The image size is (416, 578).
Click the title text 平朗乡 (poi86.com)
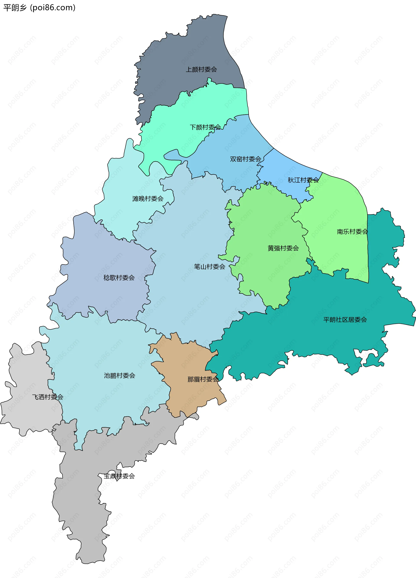pyautogui.click(x=39, y=8)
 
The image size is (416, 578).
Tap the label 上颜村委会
pyautogui.click(x=201, y=69)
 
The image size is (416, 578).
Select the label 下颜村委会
pyautogui.click(x=205, y=127)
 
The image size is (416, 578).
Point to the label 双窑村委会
pyautogui.click(x=245, y=159)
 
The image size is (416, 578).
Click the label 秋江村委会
pyautogui.click(x=303, y=180)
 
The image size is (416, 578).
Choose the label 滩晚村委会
pyautogui.click(x=148, y=199)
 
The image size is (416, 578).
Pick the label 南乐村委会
pyautogui.click(x=352, y=232)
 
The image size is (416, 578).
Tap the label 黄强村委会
pyautogui.click(x=283, y=248)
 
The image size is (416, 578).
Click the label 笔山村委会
pyautogui.click(x=210, y=267)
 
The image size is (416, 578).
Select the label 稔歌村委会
pyautogui.click(x=119, y=278)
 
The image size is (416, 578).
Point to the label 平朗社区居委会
pyautogui.click(x=345, y=320)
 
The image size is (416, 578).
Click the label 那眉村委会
pyautogui.click(x=203, y=379)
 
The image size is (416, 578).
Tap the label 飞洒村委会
pyautogui.click(x=48, y=397)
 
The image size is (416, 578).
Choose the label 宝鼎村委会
pyautogui.click(x=119, y=476)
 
